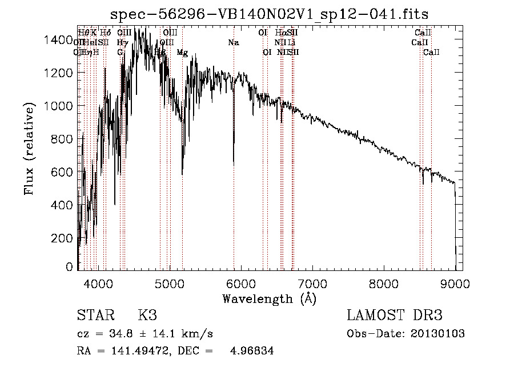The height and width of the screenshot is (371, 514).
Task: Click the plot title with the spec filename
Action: point(269,13)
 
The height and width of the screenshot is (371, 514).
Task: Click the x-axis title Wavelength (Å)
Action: point(269,298)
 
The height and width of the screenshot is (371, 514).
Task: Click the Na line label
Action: point(233,43)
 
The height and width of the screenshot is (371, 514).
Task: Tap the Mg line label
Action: point(182,53)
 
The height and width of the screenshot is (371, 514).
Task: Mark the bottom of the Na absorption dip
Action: point(234,163)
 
